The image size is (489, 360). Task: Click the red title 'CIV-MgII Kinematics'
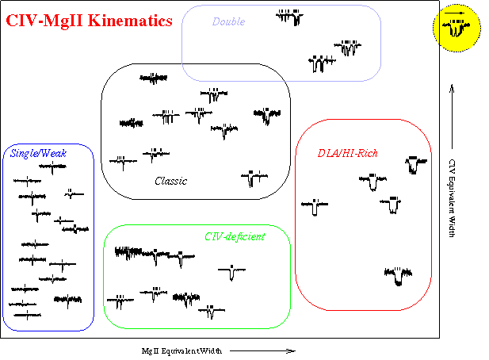pos(90,21)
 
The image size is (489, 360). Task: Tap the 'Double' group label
pos(228,21)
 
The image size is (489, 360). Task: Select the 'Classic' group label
pos(171,181)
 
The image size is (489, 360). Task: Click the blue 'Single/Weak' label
pos(38,153)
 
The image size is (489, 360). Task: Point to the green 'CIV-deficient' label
pos(235,237)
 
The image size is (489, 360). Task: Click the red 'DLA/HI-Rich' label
pos(347,153)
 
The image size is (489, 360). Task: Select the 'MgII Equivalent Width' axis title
pos(181,351)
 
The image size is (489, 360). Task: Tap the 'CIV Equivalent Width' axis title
pos(452,198)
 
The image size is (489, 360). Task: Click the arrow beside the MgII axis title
pos(262,351)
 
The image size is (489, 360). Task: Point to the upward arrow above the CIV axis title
pos(452,117)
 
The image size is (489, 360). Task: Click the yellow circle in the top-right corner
pos(457,28)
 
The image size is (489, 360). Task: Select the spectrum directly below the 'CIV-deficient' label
pos(231,272)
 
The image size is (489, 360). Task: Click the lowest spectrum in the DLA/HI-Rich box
pos(398,276)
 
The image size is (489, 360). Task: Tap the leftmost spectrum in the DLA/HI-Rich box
pos(315,207)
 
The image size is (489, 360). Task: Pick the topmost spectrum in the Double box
pos(290,17)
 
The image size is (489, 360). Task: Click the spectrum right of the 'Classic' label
pos(254,178)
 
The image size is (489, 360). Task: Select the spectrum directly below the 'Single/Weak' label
pos(52,167)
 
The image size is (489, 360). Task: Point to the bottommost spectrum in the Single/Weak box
pos(28,315)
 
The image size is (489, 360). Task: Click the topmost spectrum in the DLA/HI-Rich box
pos(416,165)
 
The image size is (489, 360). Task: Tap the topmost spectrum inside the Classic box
pos(153,79)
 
